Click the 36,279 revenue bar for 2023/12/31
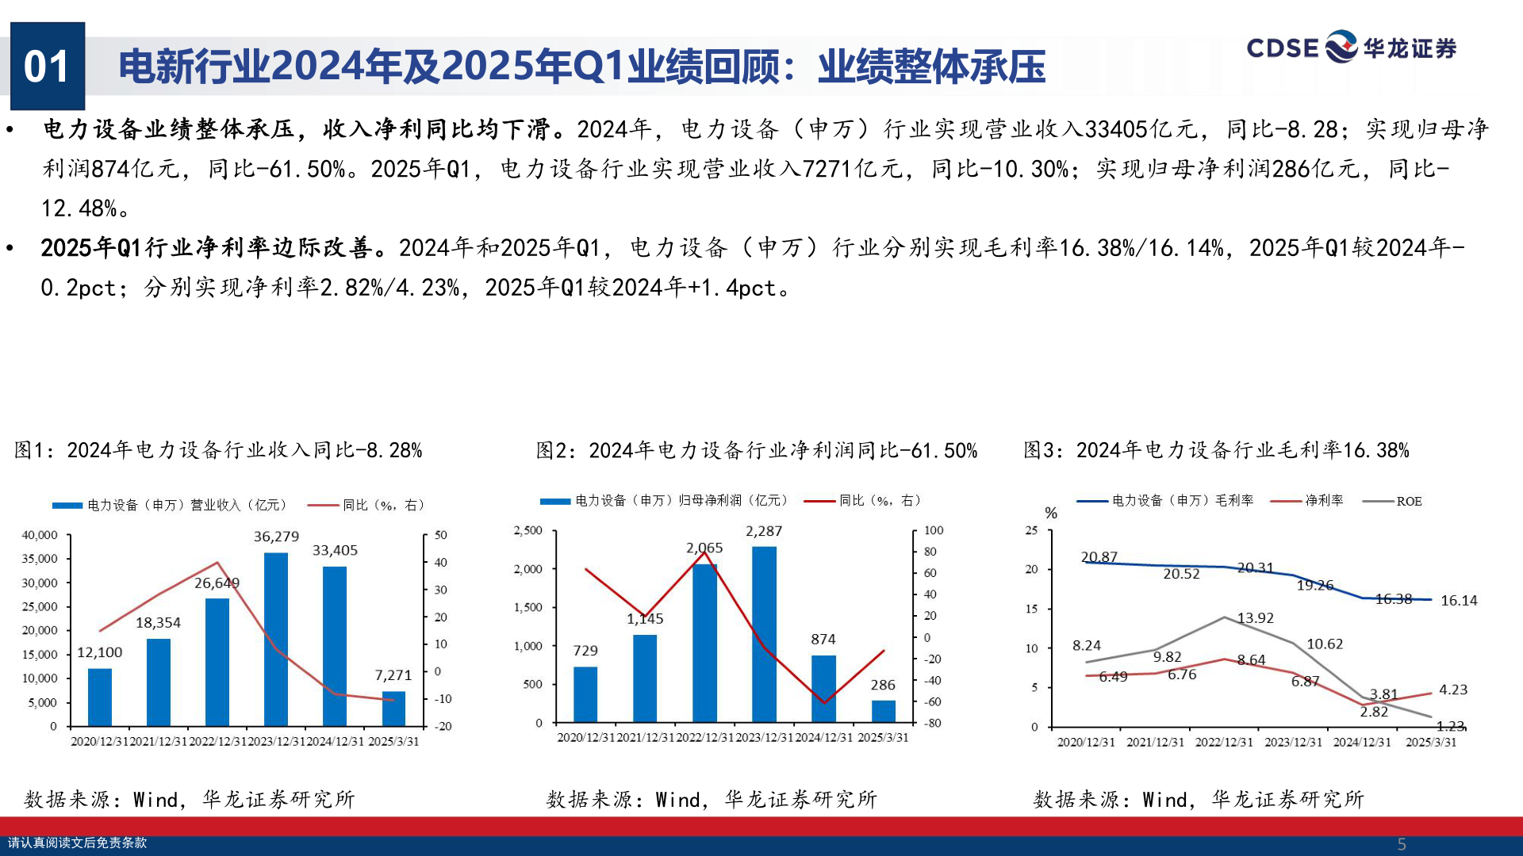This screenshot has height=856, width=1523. click(x=276, y=639)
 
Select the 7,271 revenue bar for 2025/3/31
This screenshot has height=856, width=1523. click(x=393, y=709)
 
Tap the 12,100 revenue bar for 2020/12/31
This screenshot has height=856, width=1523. click(x=100, y=697)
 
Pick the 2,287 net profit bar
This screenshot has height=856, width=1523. click(x=764, y=634)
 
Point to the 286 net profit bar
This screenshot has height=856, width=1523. click(x=883, y=711)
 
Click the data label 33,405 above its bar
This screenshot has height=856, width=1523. click(x=335, y=550)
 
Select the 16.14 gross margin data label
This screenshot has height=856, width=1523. click(x=1459, y=601)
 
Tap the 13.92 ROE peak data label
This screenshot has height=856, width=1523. click(x=1255, y=618)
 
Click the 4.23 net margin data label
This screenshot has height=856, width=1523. click(x=1453, y=690)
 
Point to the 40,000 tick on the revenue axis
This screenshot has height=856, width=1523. click(x=40, y=535)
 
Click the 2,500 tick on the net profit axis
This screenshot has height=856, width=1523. click(x=527, y=530)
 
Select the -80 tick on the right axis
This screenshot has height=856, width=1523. click(x=933, y=723)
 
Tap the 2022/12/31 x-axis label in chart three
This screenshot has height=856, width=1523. click(x=1224, y=743)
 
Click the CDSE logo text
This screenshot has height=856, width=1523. click(x=1282, y=48)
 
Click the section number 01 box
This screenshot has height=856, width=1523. click(x=48, y=67)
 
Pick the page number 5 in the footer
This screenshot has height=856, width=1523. click(x=1402, y=844)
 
